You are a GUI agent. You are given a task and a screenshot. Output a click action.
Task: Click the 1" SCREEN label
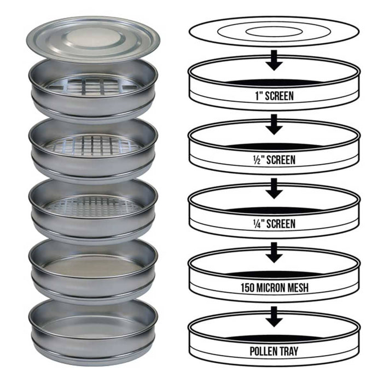tap(274, 96)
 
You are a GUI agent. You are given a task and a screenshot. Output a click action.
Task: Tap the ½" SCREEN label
tap(274, 160)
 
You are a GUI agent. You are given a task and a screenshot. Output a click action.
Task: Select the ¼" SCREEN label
tap(274, 224)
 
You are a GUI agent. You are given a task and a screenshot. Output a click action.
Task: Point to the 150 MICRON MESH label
tap(275, 288)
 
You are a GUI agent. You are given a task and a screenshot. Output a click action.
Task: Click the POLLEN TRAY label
tap(274, 351)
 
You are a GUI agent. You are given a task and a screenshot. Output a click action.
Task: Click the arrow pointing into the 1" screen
tap(274, 60)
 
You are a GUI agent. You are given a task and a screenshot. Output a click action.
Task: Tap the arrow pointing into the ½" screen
tap(274, 125)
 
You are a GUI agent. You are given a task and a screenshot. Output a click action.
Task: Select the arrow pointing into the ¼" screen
tap(274, 189)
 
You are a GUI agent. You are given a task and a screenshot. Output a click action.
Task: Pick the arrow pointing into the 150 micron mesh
tap(274, 253)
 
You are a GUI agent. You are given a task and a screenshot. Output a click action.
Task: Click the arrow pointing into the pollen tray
tap(274, 317)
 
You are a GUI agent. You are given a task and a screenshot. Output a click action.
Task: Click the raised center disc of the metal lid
tap(94, 38)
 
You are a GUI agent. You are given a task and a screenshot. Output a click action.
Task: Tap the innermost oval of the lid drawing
tap(274, 32)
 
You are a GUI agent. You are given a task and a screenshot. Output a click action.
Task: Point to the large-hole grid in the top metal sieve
tap(93, 85)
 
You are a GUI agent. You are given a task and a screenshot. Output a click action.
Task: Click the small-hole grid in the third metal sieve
tap(94, 206)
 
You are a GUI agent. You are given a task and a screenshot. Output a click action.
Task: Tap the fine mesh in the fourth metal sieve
tap(94, 266)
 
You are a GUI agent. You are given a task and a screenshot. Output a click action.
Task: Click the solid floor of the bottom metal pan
tap(94, 327)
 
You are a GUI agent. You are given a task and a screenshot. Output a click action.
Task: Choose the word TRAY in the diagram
tap(288, 351)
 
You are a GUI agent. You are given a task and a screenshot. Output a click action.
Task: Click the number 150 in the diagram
tap(247, 288)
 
